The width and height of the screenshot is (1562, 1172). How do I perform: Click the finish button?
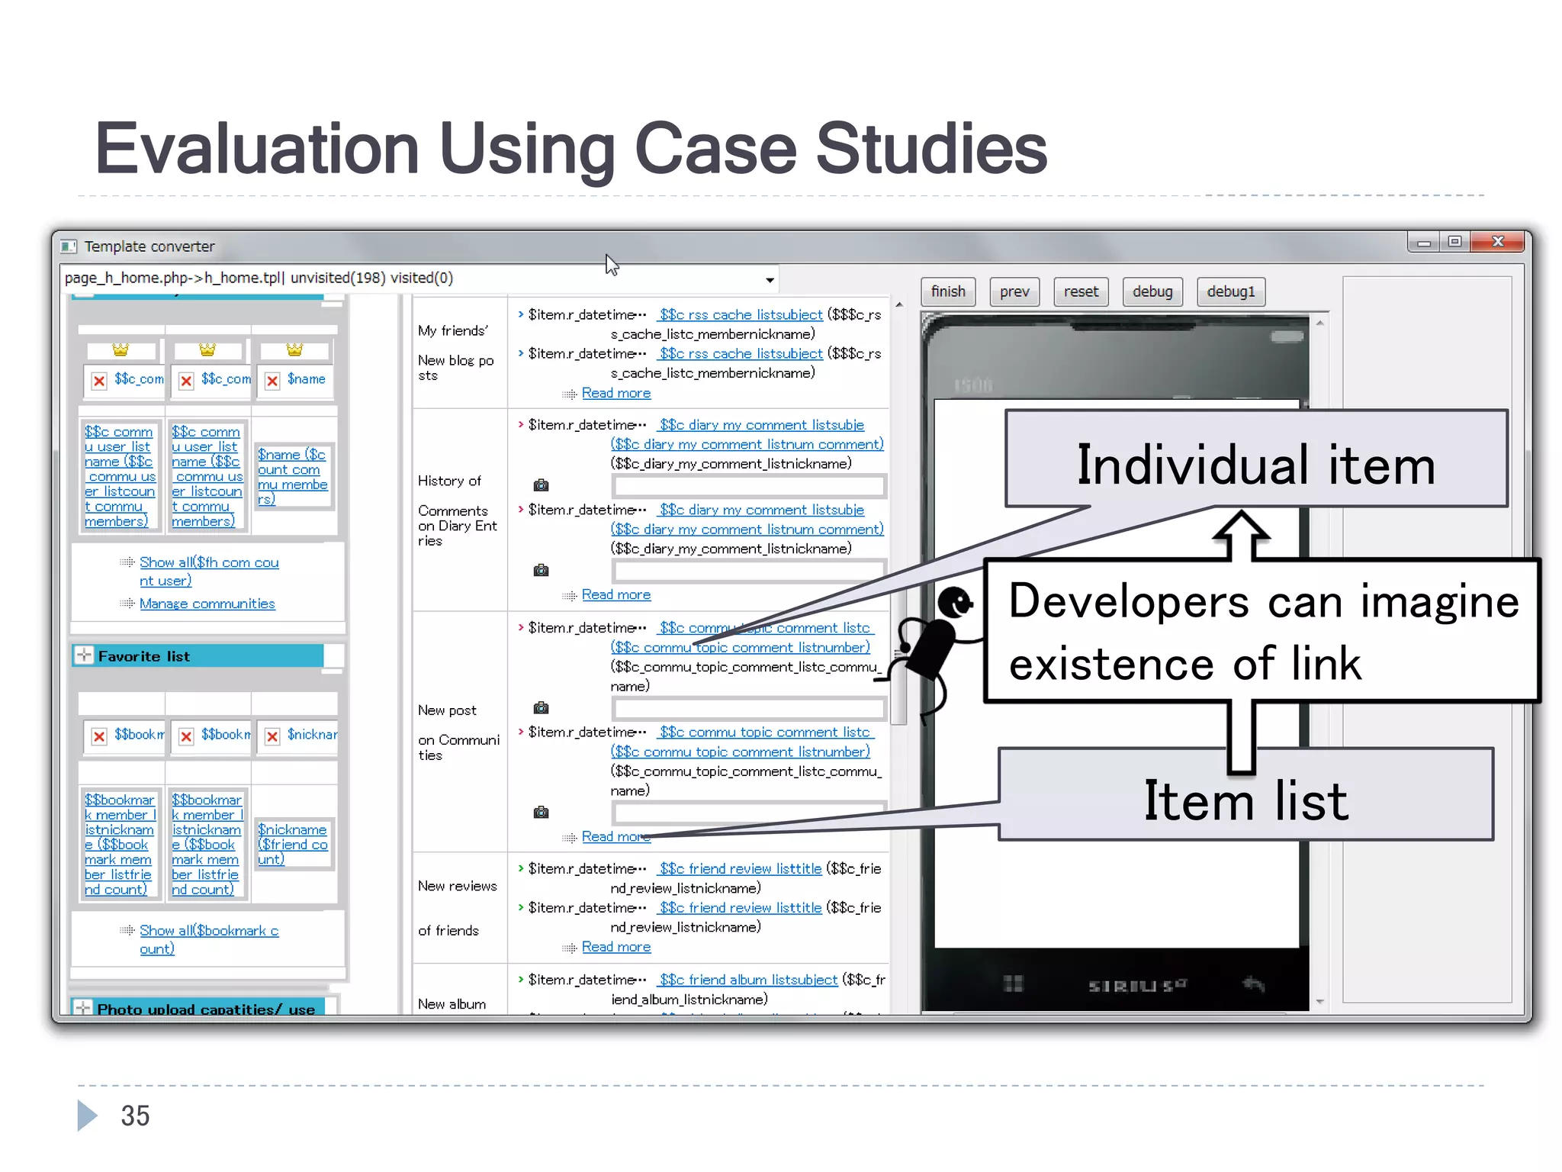[x=948, y=291]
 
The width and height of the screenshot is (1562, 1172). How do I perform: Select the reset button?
[x=1081, y=291]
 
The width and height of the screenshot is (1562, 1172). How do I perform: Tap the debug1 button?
[x=1230, y=291]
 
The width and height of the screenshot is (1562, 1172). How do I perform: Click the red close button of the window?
[x=1497, y=242]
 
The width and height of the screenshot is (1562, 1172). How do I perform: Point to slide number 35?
[x=135, y=1116]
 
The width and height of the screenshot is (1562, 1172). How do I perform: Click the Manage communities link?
[x=207, y=604]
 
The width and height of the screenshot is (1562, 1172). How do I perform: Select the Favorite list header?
[x=144, y=656]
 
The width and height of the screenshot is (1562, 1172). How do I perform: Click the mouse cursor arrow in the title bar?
[x=612, y=265]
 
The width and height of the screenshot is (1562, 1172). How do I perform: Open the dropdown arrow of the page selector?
[x=770, y=280]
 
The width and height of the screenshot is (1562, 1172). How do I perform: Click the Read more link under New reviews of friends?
[x=615, y=947]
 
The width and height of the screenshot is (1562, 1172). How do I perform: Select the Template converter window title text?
[x=149, y=246]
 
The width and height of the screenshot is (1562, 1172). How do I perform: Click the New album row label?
[x=452, y=1004]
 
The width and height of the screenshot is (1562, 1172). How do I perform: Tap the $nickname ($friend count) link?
[x=292, y=844]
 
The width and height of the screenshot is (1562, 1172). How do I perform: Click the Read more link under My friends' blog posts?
[x=615, y=393]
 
